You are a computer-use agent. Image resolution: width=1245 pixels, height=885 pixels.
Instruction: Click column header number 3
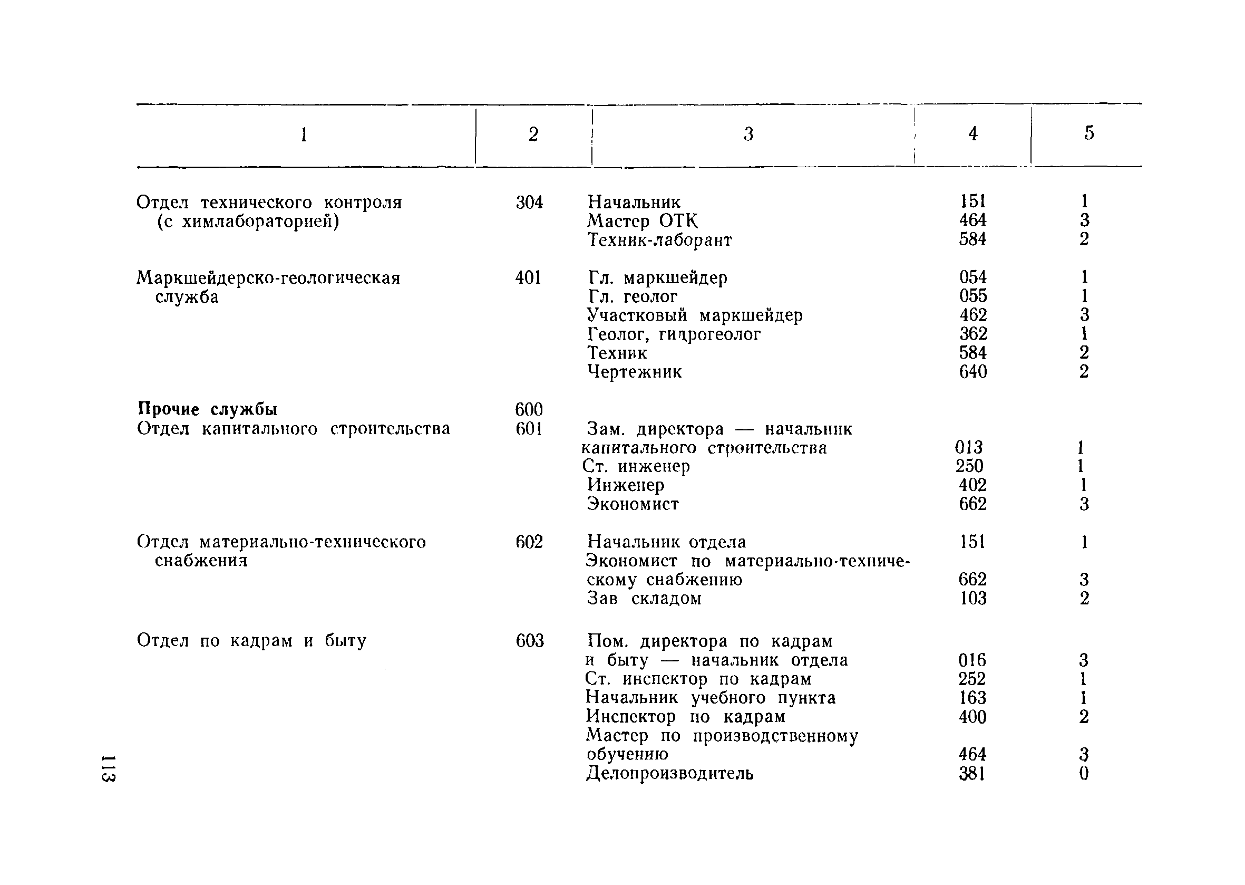748,134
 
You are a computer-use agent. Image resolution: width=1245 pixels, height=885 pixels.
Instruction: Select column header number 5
1088,133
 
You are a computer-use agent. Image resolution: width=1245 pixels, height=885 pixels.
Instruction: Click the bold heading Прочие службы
208,409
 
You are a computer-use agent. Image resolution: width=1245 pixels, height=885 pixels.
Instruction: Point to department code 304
529,202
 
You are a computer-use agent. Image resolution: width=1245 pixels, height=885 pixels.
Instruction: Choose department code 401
528,278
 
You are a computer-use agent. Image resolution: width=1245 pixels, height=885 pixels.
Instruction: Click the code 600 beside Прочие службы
529,409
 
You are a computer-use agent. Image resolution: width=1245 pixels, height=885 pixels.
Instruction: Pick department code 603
529,640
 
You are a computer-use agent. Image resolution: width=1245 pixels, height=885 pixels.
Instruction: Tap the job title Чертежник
635,372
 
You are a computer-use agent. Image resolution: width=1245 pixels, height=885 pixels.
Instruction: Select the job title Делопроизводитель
670,773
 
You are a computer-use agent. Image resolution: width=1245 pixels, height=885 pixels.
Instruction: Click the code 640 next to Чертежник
972,372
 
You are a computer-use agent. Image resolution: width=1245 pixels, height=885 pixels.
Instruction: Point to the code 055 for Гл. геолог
972,296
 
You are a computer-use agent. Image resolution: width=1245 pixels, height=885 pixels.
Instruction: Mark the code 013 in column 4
969,447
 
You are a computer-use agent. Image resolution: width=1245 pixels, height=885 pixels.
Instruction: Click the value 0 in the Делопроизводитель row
1084,773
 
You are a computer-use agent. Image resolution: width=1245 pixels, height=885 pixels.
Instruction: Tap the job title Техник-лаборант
660,239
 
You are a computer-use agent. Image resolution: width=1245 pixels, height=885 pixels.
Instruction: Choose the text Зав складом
644,599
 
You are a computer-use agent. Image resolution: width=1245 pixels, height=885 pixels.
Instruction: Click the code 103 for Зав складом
972,599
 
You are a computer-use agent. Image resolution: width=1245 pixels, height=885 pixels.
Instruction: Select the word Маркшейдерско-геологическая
268,278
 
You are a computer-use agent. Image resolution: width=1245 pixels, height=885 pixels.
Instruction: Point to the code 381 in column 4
972,773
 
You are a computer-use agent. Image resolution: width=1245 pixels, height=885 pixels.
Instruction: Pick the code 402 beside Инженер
972,485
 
